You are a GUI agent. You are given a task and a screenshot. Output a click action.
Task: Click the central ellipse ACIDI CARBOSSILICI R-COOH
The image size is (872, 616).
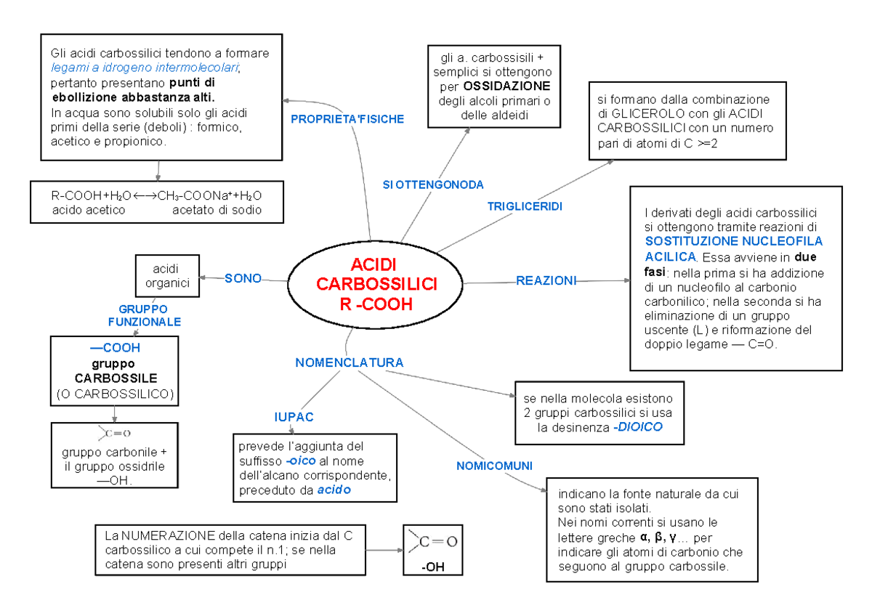point(377,284)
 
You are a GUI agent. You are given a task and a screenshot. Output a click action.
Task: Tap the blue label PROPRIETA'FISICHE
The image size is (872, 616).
point(347,118)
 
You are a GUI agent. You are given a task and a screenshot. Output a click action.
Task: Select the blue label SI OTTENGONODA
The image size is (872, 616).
point(433,185)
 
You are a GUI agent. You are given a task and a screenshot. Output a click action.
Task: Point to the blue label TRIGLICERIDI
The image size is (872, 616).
point(525,206)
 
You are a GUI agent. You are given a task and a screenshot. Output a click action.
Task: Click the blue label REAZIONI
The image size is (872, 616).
point(546,280)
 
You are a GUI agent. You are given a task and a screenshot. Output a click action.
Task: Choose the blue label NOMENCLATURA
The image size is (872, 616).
point(349,362)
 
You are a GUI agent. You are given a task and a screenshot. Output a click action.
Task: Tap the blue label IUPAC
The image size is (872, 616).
point(294,417)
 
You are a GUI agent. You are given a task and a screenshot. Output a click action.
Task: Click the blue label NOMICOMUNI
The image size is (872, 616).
point(494,465)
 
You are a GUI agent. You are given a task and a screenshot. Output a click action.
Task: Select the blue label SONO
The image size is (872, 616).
point(243,277)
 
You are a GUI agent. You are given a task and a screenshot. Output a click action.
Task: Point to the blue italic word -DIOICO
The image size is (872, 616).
point(637,427)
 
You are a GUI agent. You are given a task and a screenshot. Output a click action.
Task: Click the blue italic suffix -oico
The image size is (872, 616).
point(301,461)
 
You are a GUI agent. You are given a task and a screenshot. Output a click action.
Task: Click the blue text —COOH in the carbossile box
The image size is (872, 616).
point(114,348)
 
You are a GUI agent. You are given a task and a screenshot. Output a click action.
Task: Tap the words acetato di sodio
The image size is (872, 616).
point(216,210)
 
